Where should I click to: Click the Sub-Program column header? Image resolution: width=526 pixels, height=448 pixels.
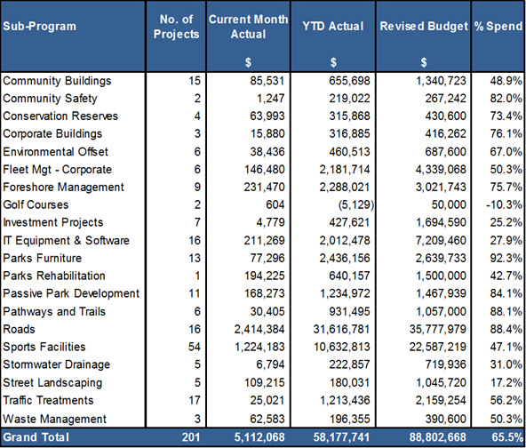click(x=40, y=26)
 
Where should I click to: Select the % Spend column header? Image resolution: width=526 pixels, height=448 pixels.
click(x=498, y=26)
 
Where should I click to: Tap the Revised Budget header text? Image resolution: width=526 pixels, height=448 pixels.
click(x=424, y=26)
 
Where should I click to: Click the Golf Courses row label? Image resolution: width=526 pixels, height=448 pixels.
click(x=36, y=204)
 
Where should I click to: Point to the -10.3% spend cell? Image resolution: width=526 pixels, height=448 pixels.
click(x=504, y=204)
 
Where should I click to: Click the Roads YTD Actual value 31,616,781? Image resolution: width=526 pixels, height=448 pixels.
click(x=341, y=329)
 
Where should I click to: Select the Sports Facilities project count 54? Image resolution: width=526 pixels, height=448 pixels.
click(x=195, y=347)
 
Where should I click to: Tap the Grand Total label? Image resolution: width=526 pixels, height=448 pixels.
click(x=36, y=437)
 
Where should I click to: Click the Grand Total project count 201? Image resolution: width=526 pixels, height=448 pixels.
click(x=191, y=437)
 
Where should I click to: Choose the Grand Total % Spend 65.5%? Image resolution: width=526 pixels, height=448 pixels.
click(x=507, y=437)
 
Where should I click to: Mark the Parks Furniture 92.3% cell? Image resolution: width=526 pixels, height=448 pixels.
click(x=506, y=258)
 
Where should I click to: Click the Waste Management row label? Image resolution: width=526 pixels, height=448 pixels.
click(x=54, y=419)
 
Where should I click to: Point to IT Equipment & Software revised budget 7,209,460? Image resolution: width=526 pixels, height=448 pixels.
click(x=441, y=240)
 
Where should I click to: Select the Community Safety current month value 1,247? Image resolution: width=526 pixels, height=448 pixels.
click(x=270, y=99)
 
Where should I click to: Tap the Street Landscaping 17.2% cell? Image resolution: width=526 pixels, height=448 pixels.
click(x=506, y=382)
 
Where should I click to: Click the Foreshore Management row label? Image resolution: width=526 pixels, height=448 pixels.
click(x=63, y=187)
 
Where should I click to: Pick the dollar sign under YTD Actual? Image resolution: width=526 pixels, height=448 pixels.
click(x=333, y=62)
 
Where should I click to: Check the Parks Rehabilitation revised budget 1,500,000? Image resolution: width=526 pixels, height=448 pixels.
click(x=441, y=276)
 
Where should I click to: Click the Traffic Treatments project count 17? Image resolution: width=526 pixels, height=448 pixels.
click(x=195, y=400)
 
